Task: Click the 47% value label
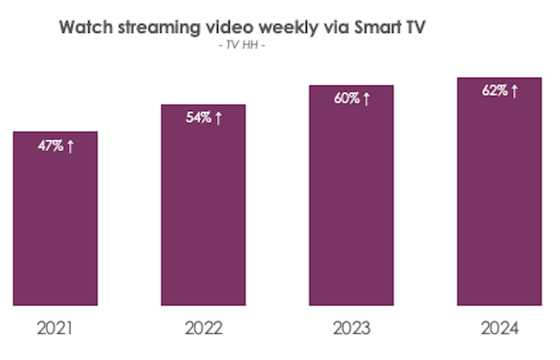[x=50, y=147]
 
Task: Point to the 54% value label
[x=198, y=118]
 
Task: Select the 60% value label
[x=346, y=98]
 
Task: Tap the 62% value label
[x=494, y=90]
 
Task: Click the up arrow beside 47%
[x=70, y=147]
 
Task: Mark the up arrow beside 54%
[x=218, y=118]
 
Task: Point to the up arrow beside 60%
[x=366, y=98]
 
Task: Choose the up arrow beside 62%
[x=515, y=90]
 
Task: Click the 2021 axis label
[x=55, y=328]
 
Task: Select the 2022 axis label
[x=203, y=328]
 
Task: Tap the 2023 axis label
[x=351, y=328]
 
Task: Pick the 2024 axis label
[x=499, y=328]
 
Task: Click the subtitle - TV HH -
[x=242, y=46]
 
